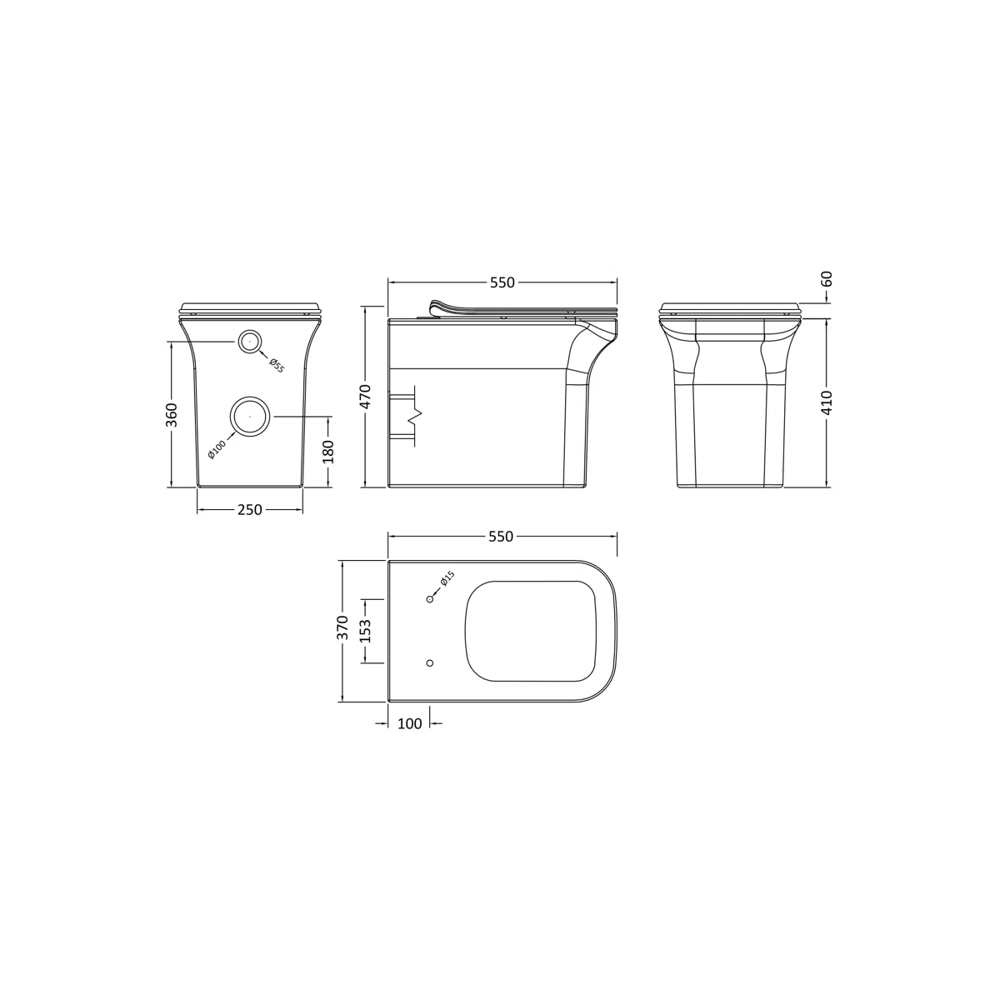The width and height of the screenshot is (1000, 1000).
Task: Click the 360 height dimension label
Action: pyautogui.click(x=172, y=415)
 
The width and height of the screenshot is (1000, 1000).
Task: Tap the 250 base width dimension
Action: pyautogui.click(x=250, y=510)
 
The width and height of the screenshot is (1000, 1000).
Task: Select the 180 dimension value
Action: pyautogui.click(x=328, y=452)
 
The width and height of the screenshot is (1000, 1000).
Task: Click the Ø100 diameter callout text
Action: pyautogui.click(x=217, y=448)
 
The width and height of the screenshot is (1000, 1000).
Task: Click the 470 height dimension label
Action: pyautogui.click(x=366, y=397)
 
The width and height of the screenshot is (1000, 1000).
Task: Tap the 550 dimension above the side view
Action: pyautogui.click(x=502, y=282)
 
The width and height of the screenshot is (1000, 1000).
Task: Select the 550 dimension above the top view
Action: pyautogui.click(x=502, y=537)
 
